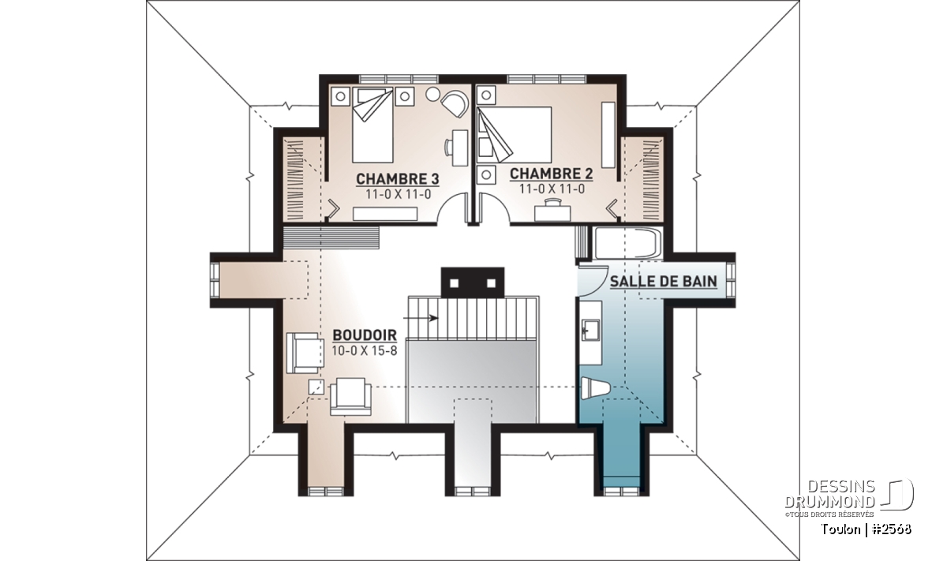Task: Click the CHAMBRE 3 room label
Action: click(398, 179)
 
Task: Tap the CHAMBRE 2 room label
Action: click(552, 174)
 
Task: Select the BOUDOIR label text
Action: click(365, 335)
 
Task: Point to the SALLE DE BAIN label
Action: click(664, 282)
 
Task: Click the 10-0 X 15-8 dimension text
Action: click(365, 351)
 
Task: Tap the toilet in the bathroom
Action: click(595, 388)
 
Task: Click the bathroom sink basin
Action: click(590, 330)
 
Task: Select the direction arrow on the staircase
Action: click(421, 318)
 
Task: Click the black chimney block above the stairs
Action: click(473, 282)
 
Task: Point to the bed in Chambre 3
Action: click(372, 125)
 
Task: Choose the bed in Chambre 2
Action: click(515, 134)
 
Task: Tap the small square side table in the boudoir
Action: click(316, 387)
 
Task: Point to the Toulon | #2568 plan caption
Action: click(867, 529)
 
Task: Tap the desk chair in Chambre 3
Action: click(449, 148)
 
